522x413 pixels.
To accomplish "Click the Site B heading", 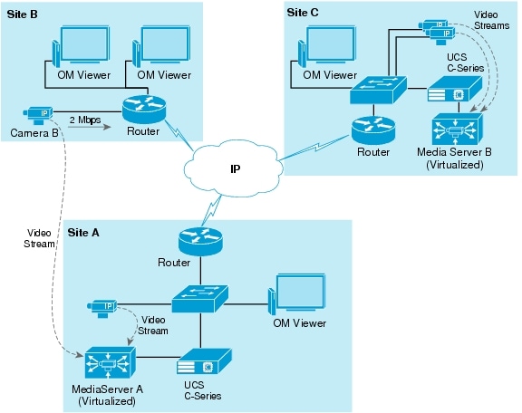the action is click(22, 14).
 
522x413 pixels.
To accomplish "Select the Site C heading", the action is click(303, 13).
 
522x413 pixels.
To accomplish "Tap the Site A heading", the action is click(83, 232).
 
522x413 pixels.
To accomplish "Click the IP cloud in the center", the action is click(234, 168).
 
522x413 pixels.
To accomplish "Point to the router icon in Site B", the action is click(144, 109).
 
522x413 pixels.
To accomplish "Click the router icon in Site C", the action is click(373, 130).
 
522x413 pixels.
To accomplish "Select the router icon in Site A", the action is click(200, 241).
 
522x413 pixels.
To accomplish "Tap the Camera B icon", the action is click(38, 115).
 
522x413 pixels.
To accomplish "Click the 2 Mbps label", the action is click(85, 120).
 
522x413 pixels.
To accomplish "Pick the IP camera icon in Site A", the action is click(101, 309).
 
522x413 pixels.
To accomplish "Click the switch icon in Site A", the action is click(200, 299).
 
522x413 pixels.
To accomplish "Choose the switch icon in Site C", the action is click(379, 91).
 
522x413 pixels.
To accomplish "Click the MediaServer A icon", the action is click(111, 363).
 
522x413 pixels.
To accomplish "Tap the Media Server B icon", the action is click(458, 130).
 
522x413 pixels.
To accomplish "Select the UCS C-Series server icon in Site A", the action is click(204, 361).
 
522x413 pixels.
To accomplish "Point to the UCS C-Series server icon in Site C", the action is click(455, 89).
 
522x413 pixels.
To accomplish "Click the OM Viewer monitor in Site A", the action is click(297, 294).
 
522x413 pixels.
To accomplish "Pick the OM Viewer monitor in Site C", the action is click(326, 46).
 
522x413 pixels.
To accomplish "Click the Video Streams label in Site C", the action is click(491, 20).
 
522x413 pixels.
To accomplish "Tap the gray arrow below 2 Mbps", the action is click(90, 127).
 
